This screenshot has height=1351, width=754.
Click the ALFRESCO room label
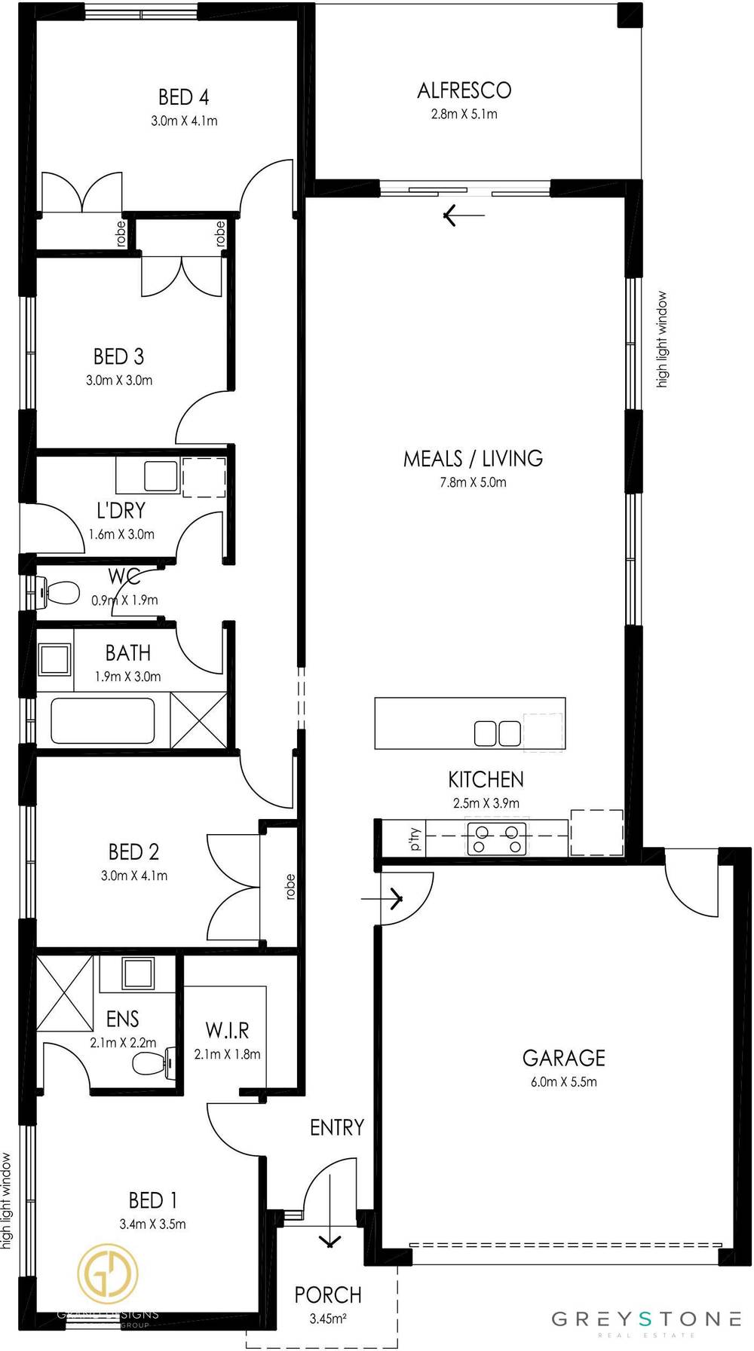464,91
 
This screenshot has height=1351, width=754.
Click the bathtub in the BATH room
103,721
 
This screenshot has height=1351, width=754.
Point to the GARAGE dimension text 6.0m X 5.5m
563,1082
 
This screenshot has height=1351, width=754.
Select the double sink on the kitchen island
497,733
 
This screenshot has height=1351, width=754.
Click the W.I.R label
227,1030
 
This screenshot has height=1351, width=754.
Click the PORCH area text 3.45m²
328,1319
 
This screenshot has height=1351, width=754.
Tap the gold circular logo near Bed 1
108,1274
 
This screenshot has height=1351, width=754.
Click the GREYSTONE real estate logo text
646,1319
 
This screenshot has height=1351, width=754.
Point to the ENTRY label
337,1127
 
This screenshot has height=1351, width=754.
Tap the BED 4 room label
183,97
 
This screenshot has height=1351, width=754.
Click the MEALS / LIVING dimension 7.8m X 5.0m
473,482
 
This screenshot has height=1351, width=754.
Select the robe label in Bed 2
290,886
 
